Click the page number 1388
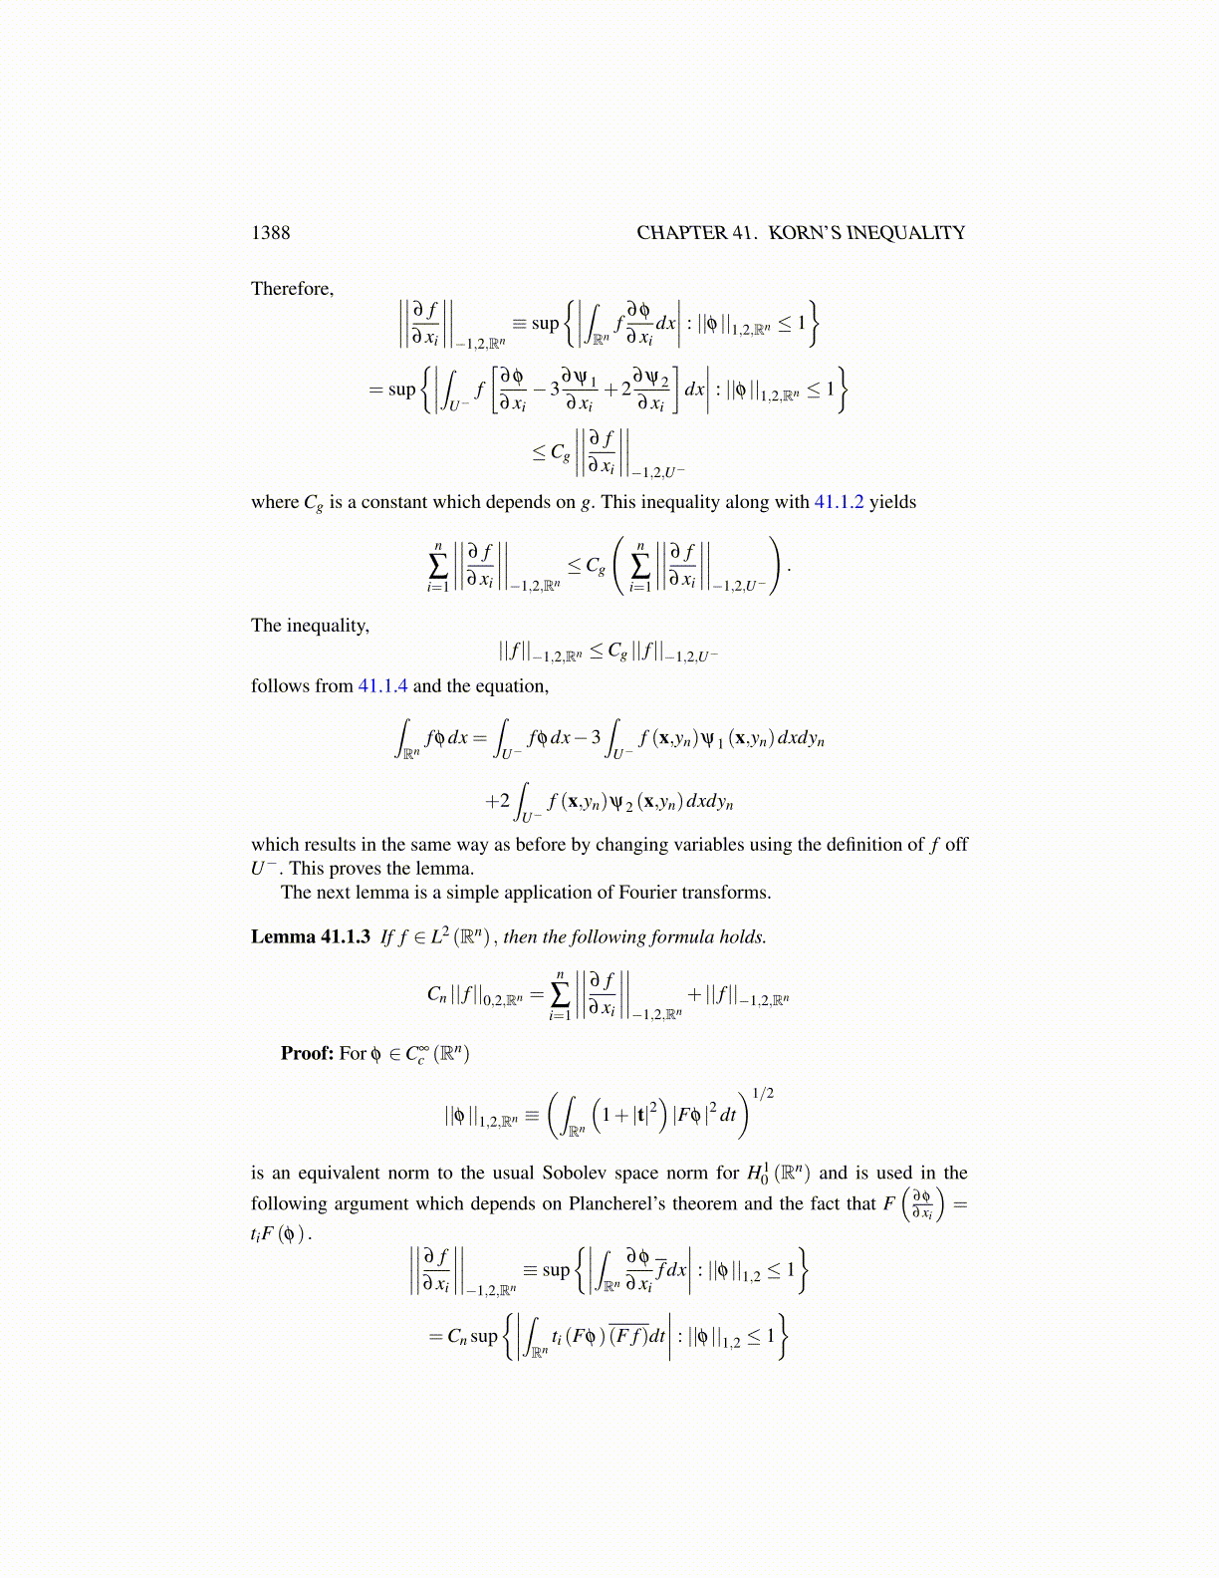click(x=270, y=233)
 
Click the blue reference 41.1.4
click(x=382, y=686)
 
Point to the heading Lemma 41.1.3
click(x=310, y=937)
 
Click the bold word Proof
click(x=306, y=1054)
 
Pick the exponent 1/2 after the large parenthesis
click(x=763, y=1094)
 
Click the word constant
click(x=393, y=502)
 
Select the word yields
click(x=892, y=502)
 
